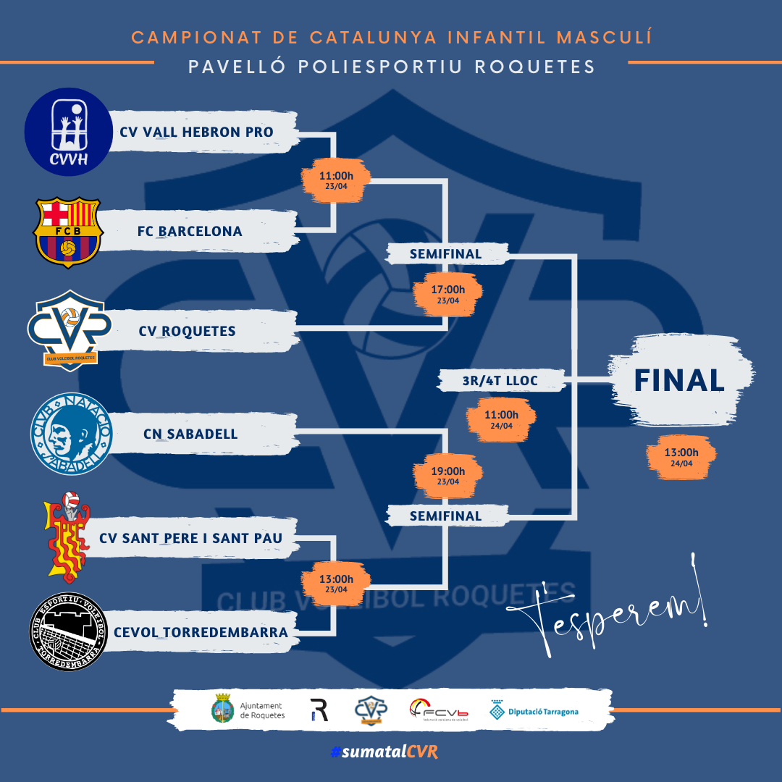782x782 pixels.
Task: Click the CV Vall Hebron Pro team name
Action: tap(196, 133)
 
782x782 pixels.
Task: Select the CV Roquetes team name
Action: tap(188, 331)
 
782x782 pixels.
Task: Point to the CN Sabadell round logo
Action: tap(70, 434)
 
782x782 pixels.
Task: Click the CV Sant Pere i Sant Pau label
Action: tap(190, 539)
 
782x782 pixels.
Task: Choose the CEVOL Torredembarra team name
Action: tap(201, 632)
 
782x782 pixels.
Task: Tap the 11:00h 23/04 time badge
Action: tap(336, 179)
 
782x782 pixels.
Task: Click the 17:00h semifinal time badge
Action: tap(448, 293)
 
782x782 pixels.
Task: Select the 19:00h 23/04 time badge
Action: tap(448, 475)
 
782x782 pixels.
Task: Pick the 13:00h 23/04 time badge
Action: tap(336, 582)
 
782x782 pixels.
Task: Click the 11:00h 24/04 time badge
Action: tap(502, 419)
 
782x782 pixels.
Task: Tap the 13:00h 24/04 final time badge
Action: tap(681, 457)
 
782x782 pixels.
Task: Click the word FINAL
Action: tap(679, 380)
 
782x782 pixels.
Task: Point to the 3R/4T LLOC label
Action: tap(490, 379)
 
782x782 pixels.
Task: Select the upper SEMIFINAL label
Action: tap(445, 253)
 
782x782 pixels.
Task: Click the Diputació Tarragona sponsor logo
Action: tap(534, 711)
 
